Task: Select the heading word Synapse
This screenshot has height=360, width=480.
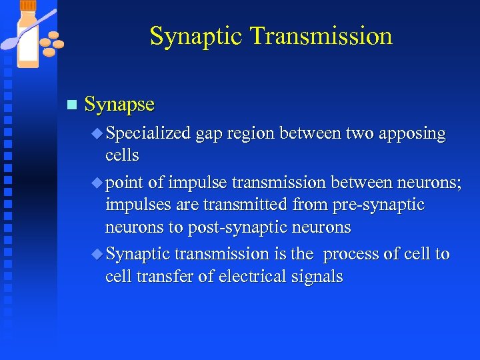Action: click(119, 105)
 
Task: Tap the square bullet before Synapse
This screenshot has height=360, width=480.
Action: click(72, 105)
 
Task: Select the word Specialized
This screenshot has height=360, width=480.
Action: click(148, 134)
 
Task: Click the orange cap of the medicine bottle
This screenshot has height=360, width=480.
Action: click(28, 5)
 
